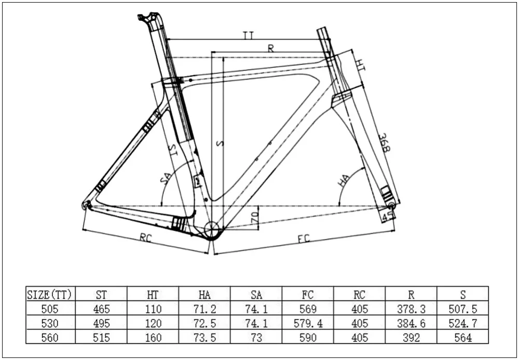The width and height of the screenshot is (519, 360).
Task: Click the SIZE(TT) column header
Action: point(51,295)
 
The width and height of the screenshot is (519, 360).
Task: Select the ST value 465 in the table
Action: point(102,309)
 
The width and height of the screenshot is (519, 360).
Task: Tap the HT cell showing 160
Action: point(153,338)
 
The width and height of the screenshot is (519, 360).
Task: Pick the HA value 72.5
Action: point(204,323)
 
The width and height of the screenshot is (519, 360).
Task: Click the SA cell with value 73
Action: point(256,338)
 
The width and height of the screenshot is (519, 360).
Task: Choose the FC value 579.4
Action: point(308,323)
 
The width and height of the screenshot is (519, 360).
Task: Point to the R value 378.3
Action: point(411,309)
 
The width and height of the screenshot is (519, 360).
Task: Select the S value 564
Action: point(462,338)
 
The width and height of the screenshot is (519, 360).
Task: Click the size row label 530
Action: point(51,323)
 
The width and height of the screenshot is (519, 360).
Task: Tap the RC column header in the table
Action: point(359,295)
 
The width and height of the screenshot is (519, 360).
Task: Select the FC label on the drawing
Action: point(304,239)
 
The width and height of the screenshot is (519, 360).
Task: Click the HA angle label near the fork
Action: point(343,180)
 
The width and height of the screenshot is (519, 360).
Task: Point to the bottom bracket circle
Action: point(212,229)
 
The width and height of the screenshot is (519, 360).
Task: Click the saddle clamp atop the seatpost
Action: point(147,17)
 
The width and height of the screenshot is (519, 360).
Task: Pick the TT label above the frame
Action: point(248,35)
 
